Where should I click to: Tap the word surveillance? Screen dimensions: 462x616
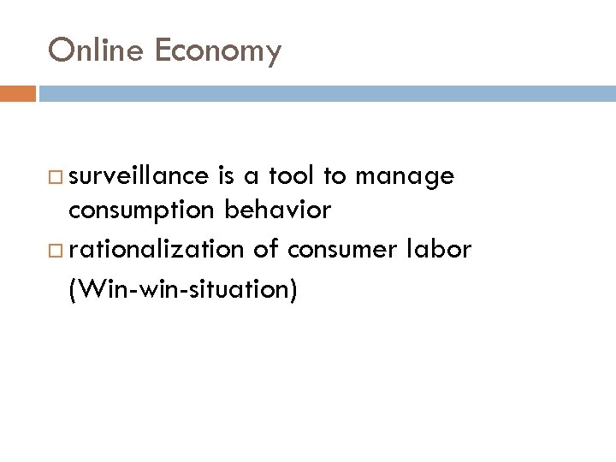coord(139,177)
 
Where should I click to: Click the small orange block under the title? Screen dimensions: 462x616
coord(18,92)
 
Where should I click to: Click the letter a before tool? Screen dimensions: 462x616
coord(257,178)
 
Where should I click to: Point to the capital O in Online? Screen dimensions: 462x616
coord(61,51)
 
